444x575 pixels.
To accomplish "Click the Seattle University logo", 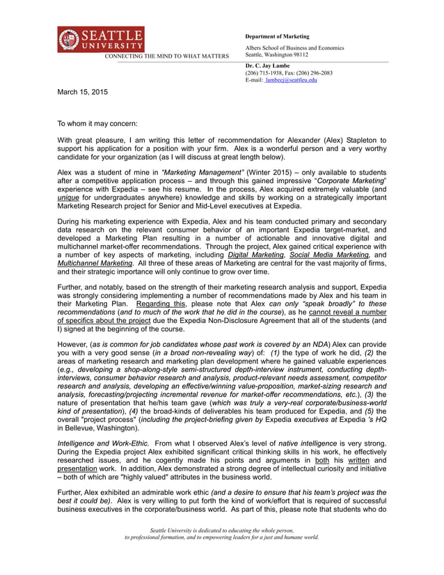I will tap(101, 39).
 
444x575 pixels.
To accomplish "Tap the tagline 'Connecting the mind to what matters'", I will tap(166, 56).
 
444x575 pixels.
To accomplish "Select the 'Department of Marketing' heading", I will tap(277, 36).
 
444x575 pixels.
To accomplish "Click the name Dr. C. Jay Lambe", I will tap(268, 66).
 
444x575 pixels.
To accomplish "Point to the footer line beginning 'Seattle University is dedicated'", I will tap(221, 530).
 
